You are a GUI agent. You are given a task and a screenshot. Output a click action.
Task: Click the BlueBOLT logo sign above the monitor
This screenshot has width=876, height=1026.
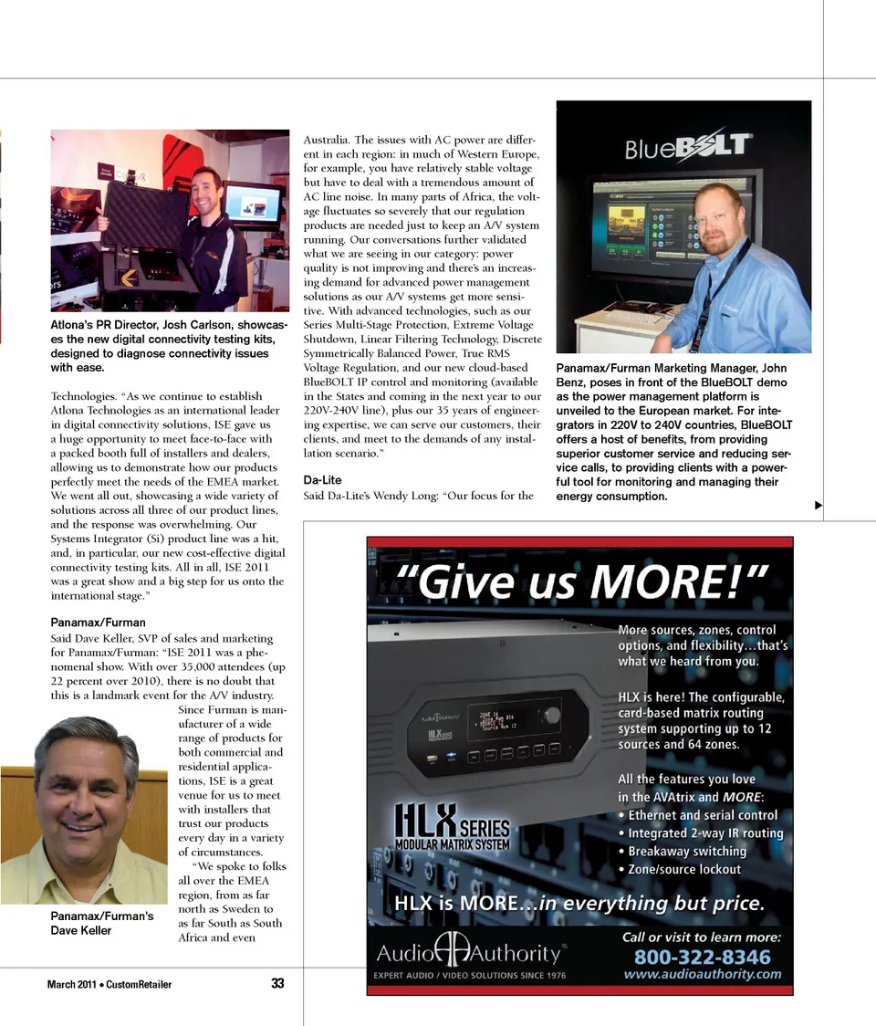tap(688, 147)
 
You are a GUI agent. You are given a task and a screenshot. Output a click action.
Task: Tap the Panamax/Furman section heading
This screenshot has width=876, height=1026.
tap(98, 623)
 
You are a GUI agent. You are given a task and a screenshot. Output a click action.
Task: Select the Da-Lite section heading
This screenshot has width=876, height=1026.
tap(322, 480)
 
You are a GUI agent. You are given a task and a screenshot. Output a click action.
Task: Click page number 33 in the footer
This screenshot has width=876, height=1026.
tap(278, 983)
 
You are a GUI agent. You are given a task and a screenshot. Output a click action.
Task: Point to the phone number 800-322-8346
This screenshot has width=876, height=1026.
tap(702, 957)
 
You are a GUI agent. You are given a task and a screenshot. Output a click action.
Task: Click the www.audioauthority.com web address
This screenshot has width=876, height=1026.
tap(703, 974)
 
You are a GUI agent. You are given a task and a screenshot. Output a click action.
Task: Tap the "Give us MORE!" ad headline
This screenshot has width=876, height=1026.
tap(581, 579)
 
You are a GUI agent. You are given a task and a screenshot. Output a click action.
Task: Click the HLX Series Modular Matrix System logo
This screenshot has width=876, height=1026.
tap(453, 827)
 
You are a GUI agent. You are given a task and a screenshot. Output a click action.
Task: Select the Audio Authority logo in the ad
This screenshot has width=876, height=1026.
tap(471, 953)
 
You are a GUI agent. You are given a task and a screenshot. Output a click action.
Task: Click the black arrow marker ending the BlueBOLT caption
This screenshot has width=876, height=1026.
tap(819, 505)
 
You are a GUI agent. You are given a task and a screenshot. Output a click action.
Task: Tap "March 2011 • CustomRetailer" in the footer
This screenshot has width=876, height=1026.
tap(109, 984)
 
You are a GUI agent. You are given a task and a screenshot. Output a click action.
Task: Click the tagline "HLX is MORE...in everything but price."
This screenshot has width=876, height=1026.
tap(579, 904)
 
